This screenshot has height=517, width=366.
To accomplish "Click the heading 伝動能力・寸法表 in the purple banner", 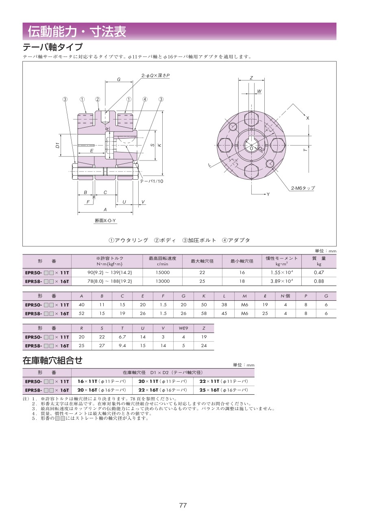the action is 77,31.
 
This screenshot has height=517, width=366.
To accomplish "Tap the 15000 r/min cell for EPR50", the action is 162,272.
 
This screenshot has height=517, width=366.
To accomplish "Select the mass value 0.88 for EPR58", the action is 319,281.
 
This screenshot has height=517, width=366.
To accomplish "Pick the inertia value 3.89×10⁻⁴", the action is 282,281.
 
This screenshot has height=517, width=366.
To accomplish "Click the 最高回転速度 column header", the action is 162,258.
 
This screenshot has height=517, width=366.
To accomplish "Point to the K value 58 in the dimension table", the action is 204,313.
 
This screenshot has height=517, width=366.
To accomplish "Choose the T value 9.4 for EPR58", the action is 122,345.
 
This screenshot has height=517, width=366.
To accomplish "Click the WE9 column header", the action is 183,328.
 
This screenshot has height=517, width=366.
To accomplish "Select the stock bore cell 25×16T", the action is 224,390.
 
